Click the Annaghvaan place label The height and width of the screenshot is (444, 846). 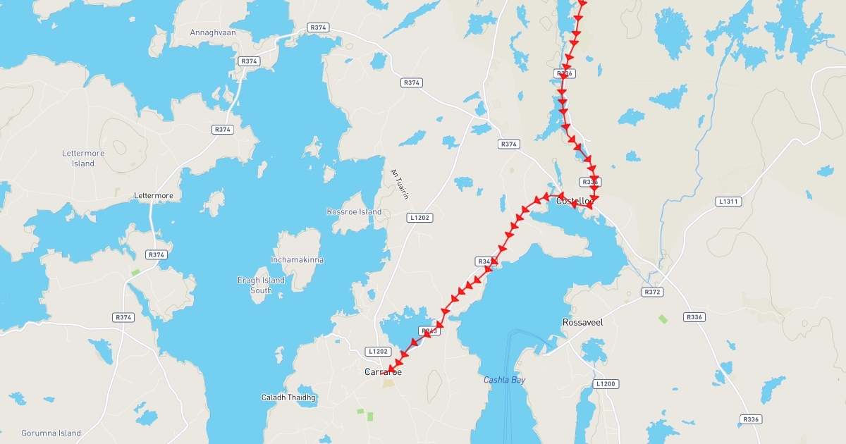[x=212, y=32]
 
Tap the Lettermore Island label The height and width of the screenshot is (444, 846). [x=82, y=159]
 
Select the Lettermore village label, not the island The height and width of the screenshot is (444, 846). [x=153, y=195]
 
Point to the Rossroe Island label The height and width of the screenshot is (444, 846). [x=354, y=211]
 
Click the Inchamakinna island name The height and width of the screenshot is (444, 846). [x=297, y=260]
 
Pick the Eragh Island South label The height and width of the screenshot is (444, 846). [x=261, y=285]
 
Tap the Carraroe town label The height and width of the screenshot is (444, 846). [x=383, y=372]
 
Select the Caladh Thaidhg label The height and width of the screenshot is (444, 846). [x=288, y=397]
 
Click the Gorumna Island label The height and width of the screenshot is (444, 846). [x=51, y=433]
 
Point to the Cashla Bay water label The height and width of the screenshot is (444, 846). [x=504, y=381]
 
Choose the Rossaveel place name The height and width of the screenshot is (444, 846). [x=582, y=322]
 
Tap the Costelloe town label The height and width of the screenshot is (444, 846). [x=575, y=201]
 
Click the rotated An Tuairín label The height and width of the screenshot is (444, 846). [x=399, y=184]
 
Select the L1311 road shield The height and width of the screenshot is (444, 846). [x=728, y=202]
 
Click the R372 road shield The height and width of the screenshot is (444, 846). [x=652, y=292]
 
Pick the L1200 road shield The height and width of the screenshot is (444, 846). [x=606, y=384]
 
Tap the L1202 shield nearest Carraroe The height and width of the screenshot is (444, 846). [x=378, y=351]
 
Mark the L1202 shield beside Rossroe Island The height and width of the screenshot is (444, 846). [x=419, y=218]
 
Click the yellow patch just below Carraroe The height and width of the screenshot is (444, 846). [x=388, y=383]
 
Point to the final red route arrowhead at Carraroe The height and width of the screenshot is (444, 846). [x=390, y=369]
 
